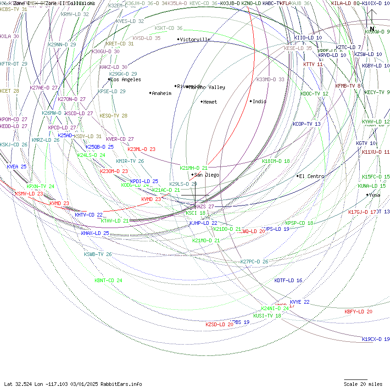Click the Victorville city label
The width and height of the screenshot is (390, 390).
click(195, 39)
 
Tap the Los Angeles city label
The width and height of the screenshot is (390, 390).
click(126, 80)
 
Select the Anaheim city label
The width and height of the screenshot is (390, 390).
click(162, 93)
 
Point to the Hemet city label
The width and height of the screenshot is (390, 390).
click(210, 102)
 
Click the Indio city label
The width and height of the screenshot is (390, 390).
click(259, 101)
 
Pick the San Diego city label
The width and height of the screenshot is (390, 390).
click(206, 175)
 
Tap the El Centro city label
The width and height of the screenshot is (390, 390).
click(312, 176)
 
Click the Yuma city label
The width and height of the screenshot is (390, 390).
click(375, 195)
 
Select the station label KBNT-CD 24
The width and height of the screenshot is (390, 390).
click(109, 280)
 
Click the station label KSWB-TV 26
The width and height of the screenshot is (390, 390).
click(98, 254)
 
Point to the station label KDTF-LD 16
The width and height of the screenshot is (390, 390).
click(288, 280)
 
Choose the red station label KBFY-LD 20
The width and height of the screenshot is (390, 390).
click(358, 312)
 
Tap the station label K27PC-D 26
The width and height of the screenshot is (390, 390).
click(254, 262)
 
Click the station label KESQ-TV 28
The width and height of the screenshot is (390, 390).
click(113, 116)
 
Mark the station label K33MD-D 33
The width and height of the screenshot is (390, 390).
click(270, 79)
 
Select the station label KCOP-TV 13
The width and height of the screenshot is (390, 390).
click(306, 124)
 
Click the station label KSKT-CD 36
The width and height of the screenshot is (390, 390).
click(168, 28)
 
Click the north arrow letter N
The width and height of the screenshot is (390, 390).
click(372, 29)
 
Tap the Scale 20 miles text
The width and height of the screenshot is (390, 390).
click(363, 384)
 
